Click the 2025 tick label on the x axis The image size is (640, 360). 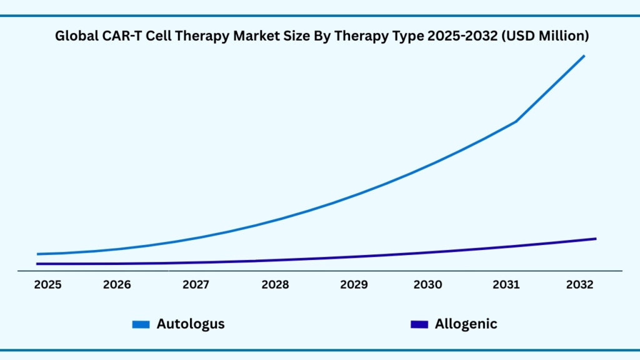coord(47,285)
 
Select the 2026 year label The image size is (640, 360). coord(117,285)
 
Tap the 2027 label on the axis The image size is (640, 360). coord(196,285)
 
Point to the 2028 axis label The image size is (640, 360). coord(275,285)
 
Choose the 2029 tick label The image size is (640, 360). coord(354,285)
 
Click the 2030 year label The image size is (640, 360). coord(428,285)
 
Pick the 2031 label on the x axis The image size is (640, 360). coord(506,285)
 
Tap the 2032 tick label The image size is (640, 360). coord(579,285)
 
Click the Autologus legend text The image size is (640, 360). coord(191,324)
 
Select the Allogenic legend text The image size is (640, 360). coord(466,324)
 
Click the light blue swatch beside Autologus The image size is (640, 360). coord(141,324)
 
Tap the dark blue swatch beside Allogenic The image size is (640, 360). coord(419,324)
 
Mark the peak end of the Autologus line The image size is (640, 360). coord(584,56)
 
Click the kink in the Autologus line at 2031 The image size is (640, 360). coord(516,121)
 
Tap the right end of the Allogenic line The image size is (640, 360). coord(595,239)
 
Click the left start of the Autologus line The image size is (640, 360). coord(38,254)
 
